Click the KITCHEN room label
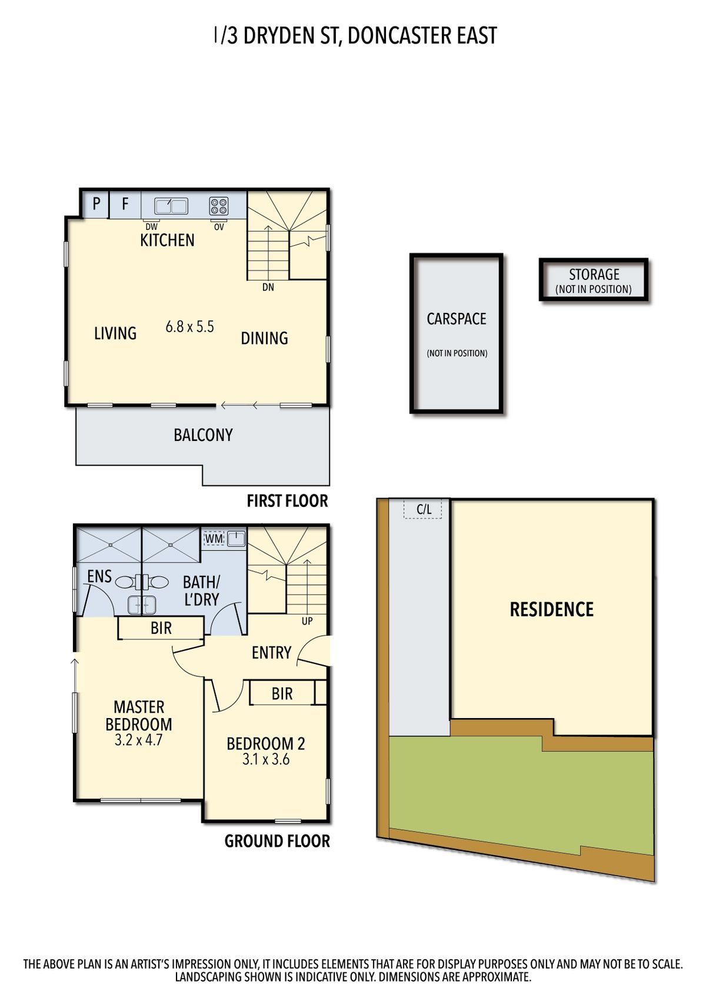click(167, 241)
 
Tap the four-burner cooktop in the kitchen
click(219, 206)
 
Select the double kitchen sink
click(171, 206)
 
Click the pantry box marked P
click(96, 205)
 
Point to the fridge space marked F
click(125, 205)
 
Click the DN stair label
click(268, 288)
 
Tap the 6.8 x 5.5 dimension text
click(190, 327)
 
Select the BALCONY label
click(203, 435)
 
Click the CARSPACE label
click(457, 319)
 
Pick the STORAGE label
click(594, 275)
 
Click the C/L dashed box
click(423, 509)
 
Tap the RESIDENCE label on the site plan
click(552, 609)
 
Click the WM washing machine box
click(214, 539)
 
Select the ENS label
click(99, 576)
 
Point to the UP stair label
click(307, 621)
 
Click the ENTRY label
click(271, 653)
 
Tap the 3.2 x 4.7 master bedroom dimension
click(139, 740)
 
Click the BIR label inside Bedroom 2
click(282, 694)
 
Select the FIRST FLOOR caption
click(288, 501)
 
